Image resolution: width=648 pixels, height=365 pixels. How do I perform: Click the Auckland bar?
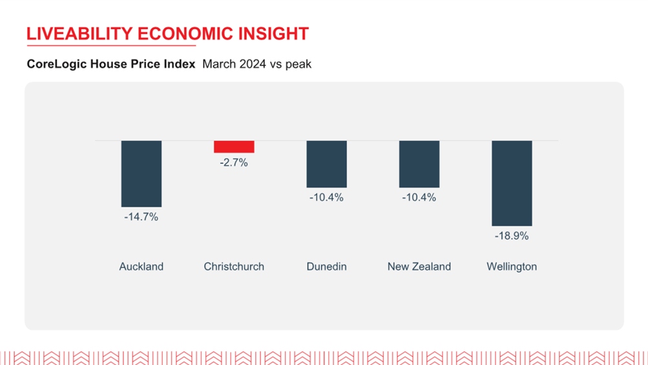(x=141, y=174)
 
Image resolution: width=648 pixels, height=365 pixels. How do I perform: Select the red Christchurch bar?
(x=234, y=147)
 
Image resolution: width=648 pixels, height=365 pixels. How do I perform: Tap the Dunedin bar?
(x=326, y=164)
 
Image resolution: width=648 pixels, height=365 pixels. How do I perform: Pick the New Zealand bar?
(x=419, y=164)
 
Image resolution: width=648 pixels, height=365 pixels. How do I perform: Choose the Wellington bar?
(x=512, y=183)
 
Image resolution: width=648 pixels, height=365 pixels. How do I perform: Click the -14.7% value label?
(x=141, y=217)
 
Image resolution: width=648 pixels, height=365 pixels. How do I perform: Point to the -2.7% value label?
(x=234, y=163)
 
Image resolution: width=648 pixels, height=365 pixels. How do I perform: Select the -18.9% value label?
(x=512, y=236)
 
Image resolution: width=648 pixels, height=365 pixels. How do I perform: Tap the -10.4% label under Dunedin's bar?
(x=326, y=198)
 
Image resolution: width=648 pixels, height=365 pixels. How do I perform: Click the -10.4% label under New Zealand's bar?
(x=419, y=198)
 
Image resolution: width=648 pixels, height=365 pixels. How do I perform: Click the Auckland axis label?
(x=141, y=267)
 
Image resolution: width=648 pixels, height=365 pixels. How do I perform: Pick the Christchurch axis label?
(x=234, y=267)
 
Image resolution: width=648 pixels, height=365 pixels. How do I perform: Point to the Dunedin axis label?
(x=326, y=267)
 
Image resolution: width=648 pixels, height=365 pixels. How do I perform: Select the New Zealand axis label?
(x=419, y=267)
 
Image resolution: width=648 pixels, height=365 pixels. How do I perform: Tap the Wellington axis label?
(x=512, y=267)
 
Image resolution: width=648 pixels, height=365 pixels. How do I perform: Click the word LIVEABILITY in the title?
(x=79, y=34)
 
